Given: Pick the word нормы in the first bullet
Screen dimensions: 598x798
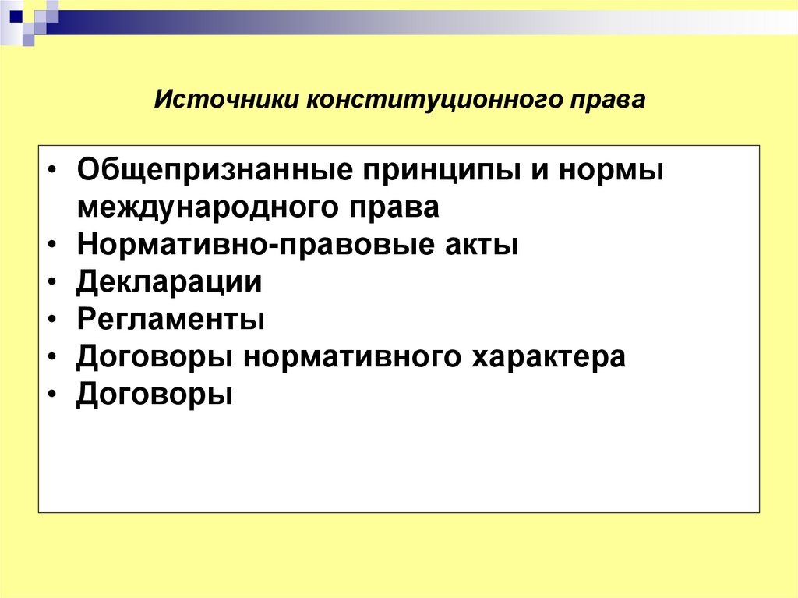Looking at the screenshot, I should [x=611, y=171].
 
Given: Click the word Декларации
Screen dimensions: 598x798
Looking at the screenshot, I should [x=169, y=282].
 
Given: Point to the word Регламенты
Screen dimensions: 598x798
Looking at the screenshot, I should [x=171, y=320].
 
